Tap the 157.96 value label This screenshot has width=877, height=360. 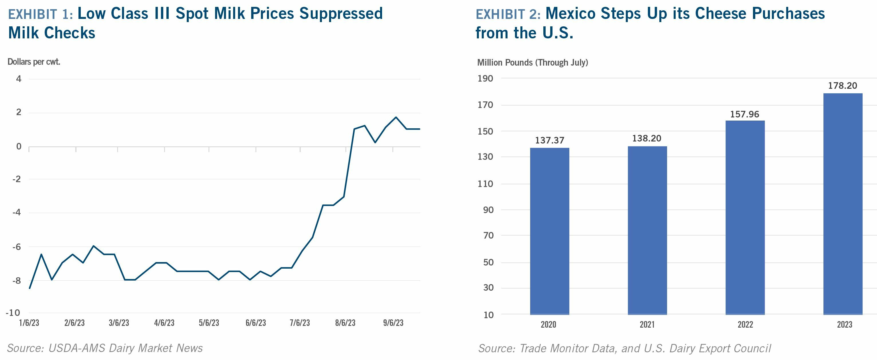[745, 114]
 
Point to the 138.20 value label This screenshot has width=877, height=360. [646, 138]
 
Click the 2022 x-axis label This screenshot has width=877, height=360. [745, 324]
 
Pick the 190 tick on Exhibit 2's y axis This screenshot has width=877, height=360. [485, 79]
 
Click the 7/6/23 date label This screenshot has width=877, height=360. [300, 323]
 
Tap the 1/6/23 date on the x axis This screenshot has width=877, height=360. [29, 323]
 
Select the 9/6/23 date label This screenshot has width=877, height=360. [393, 323]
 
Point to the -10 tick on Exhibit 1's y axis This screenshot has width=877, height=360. [13, 313]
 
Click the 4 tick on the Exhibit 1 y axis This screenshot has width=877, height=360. [19, 79]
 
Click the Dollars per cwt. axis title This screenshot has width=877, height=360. [34, 62]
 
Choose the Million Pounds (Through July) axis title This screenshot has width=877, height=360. [532, 63]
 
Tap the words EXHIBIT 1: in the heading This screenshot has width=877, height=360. [40, 14]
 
